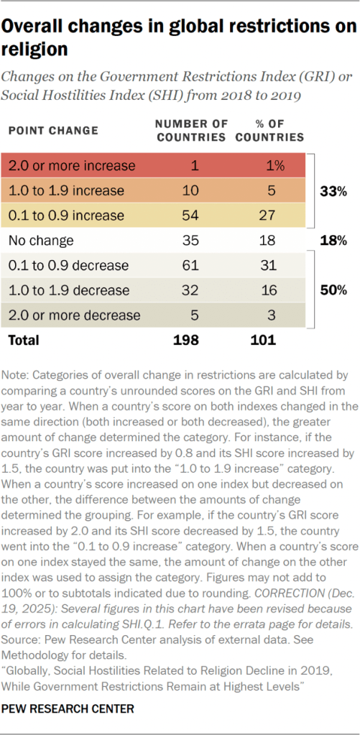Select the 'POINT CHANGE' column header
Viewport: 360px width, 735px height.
[x=52, y=130]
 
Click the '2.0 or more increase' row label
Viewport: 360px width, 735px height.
[x=72, y=166]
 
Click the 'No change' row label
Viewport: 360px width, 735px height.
[x=41, y=241]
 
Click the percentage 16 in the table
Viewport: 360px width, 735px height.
[x=269, y=291]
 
